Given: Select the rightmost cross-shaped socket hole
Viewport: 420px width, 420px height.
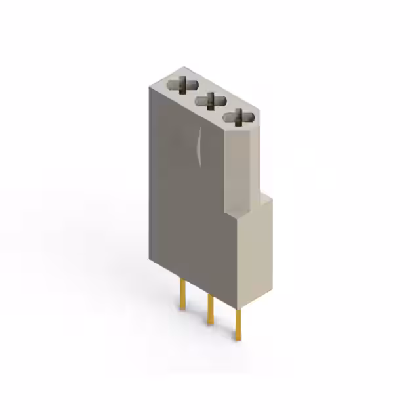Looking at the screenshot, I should (238, 117).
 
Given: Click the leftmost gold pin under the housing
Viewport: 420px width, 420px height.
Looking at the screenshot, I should (182, 293).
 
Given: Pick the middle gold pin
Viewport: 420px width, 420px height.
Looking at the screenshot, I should (209, 308).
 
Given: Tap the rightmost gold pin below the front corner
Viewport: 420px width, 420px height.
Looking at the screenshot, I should (240, 324).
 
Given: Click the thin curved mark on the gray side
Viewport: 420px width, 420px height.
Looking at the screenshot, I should (199, 145).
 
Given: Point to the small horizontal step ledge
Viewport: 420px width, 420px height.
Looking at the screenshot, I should (249, 203).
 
